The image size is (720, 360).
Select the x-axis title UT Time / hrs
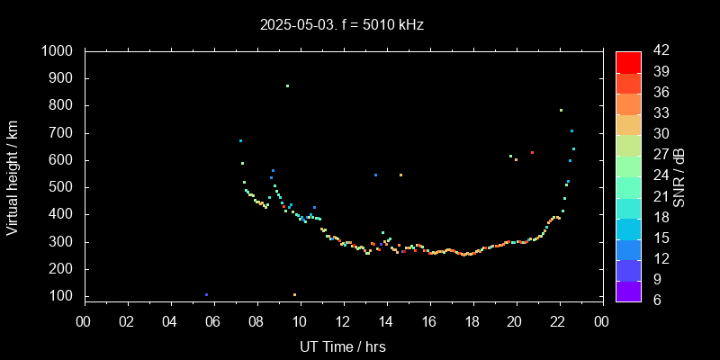click(343, 346)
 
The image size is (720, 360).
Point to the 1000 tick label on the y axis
click(58, 51)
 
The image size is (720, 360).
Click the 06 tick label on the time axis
click(213, 320)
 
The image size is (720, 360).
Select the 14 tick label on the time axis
click(386, 320)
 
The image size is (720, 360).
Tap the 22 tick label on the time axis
click(559, 320)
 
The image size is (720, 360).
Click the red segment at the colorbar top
click(628, 61)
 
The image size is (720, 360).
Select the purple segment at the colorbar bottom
click(628, 290)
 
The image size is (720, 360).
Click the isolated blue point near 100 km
click(206, 294)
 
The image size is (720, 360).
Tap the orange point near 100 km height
click(294, 294)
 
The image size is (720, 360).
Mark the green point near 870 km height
click(287, 86)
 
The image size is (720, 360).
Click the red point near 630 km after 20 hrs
click(532, 153)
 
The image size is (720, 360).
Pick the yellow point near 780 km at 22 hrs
click(561, 111)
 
